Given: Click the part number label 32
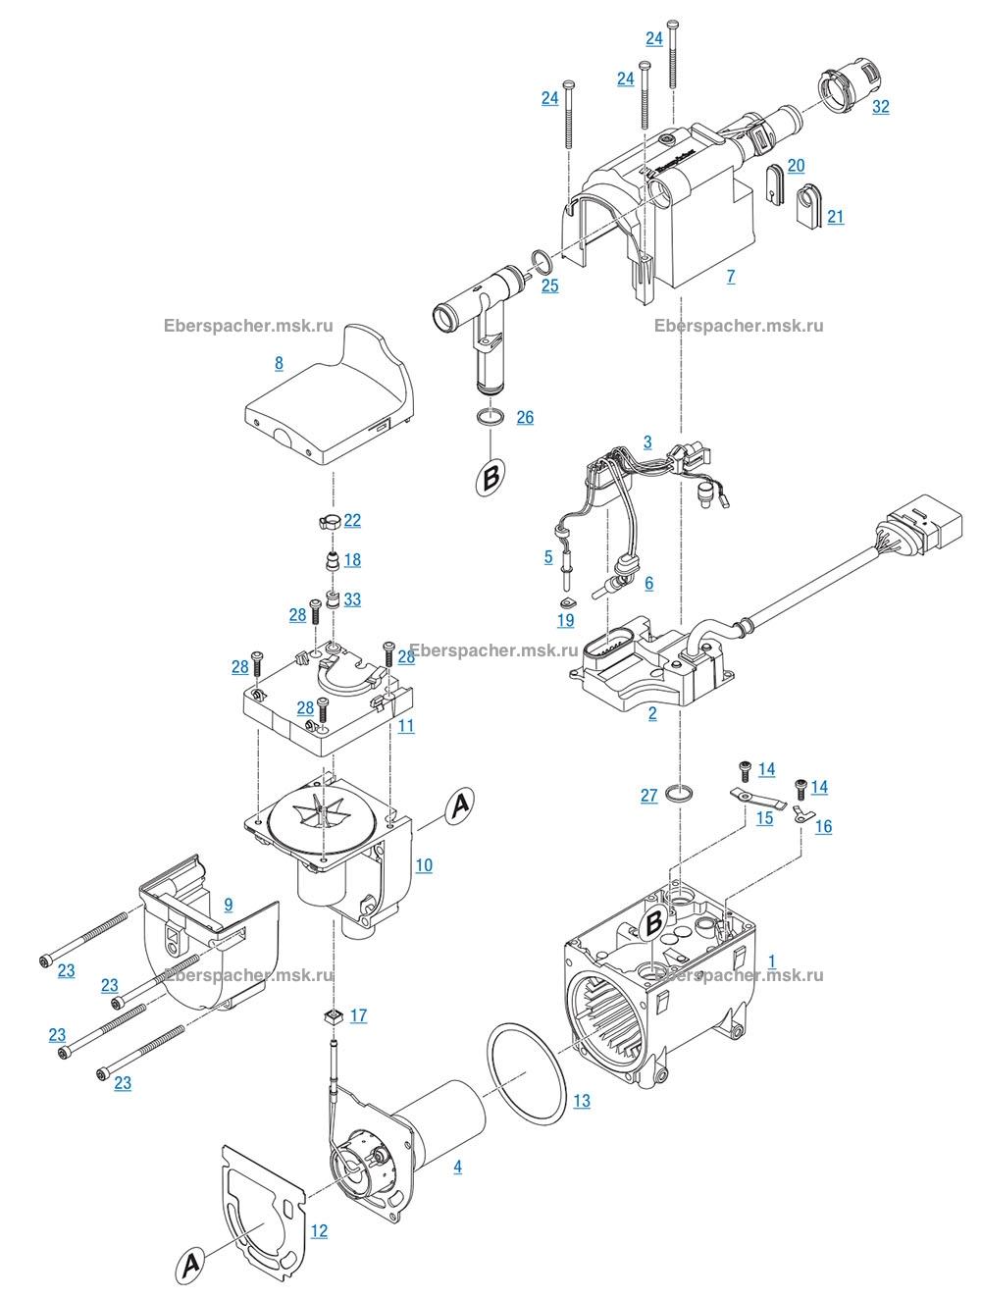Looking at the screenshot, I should tap(880, 106).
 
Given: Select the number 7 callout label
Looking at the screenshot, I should tap(730, 277).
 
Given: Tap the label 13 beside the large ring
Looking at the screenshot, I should tap(582, 1101).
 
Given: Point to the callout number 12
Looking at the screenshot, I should tap(319, 1230).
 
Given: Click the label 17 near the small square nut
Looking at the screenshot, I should tap(358, 1015).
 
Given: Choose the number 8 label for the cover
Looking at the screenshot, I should tap(279, 363).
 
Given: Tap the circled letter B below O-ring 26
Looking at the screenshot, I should tap(490, 480).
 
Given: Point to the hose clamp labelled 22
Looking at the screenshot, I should tap(330, 521).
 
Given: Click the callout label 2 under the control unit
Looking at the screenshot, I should tap(652, 713).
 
